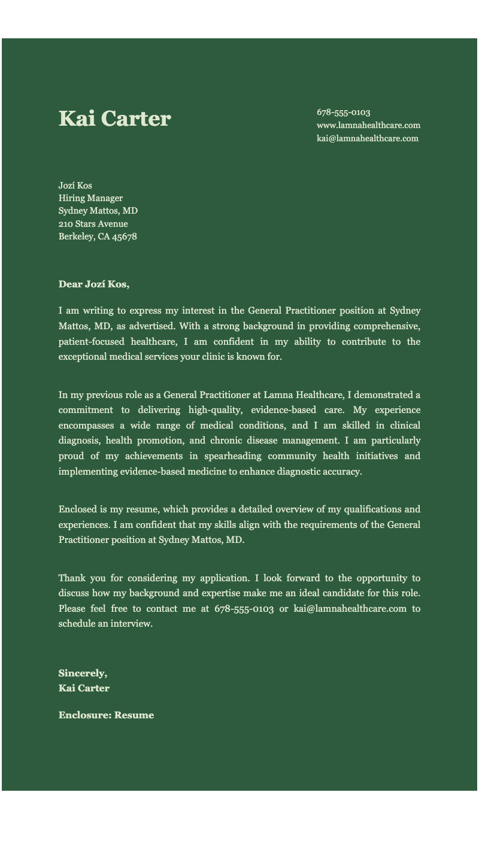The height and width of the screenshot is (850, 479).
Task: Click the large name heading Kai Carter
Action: (x=114, y=119)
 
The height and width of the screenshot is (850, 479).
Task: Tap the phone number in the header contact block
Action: (x=343, y=113)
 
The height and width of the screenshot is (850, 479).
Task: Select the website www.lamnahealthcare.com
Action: (x=368, y=126)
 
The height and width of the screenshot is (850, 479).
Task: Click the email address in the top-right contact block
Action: (x=367, y=139)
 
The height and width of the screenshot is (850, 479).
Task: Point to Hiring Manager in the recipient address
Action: (x=90, y=198)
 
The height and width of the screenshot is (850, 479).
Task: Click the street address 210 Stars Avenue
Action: (x=93, y=224)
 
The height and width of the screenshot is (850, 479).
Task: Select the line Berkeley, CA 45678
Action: (x=98, y=237)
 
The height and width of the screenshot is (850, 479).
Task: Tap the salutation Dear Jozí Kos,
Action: (x=93, y=284)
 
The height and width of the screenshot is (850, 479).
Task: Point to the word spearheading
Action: (x=233, y=456)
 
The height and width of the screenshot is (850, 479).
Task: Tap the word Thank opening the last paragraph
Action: (x=71, y=578)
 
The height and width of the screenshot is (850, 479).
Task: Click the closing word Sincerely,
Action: (x=83, y=674)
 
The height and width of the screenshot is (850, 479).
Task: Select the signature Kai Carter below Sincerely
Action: (x=84, y=688)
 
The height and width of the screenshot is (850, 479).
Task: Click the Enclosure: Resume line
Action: (x=106, y=715)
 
